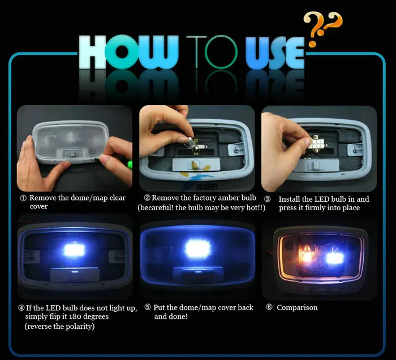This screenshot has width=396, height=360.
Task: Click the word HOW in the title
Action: pyautogui.click(x=128, y=52)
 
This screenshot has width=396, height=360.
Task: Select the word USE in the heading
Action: pyautogui.click(x=275, y=53)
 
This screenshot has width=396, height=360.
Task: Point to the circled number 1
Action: pyautogui.click(x=23, y=198)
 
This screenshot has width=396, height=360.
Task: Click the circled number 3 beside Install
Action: pyautogui.click(x=267, y=199)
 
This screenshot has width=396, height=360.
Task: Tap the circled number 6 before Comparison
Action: pyautogui.click(x=269, y=307)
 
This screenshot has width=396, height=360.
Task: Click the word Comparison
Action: pyautogui.click(x=297, y=307)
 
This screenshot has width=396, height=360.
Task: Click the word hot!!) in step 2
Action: pyautogui.click(x=256, y=207)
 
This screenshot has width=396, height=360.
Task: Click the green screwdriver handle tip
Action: pyautogui.click(x=130, y=164)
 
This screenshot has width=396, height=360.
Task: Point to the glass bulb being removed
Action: pyautogui.click(x=190, y=143)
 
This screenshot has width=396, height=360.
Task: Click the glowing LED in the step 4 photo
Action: pyautogui.click(x=74, y=250)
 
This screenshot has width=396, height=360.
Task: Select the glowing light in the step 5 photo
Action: pyautogui.click(x=197, y=249)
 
